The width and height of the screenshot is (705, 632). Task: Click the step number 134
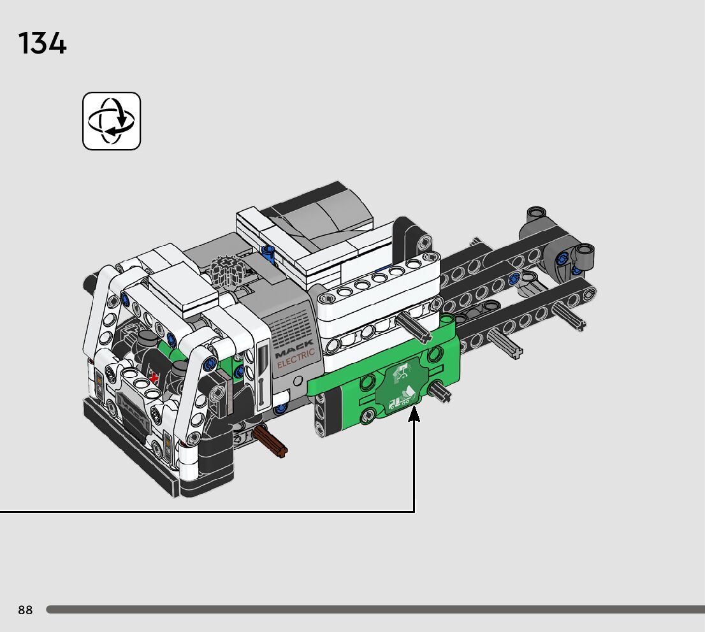(x=42, y=43)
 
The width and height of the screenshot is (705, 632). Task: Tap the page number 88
(x=25, y=610)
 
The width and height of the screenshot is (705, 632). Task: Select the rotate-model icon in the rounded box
(x=112, y=121)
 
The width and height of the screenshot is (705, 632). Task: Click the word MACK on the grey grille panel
(x=294, y=349)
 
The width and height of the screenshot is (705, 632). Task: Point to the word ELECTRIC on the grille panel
(x=296, y=358)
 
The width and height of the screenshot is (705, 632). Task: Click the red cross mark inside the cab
(x=155, y=377)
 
